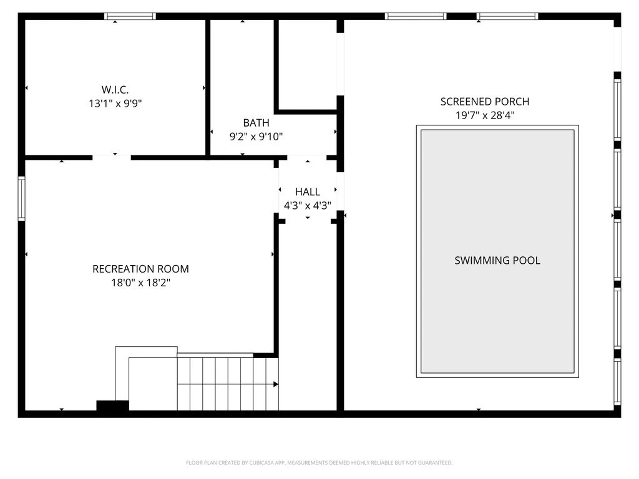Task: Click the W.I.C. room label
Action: pos(115,90)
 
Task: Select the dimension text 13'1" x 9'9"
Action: pos(115,104)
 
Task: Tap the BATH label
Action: pos(256,123)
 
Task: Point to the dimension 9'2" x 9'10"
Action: pos(256,137)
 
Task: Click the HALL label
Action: pos(307,192)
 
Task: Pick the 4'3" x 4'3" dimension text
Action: pos(307,206)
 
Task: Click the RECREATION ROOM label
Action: pos(140,269)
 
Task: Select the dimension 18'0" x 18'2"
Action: pos(140,283)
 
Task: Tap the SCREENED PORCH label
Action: pos(485,102)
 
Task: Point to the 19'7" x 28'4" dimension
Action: pos(485,115)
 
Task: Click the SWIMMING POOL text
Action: pos(497,261)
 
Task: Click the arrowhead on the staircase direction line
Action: pos(276,384)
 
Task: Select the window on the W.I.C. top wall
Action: pos(130,16)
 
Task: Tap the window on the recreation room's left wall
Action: pos(21,199)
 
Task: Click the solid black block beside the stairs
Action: pos(112,405)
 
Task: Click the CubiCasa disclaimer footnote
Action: pos(319,463)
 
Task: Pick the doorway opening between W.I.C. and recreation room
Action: pos(112,158)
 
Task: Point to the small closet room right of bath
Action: pos(308,64)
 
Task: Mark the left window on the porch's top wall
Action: pos(416,16)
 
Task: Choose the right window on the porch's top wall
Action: pos(507,16)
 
